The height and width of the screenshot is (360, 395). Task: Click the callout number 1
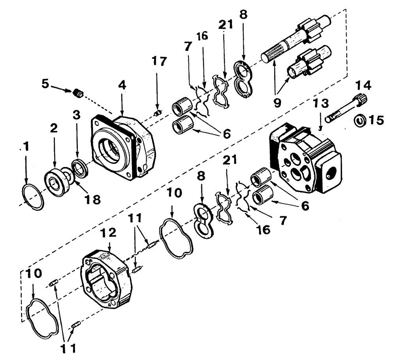tap(26, 148)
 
